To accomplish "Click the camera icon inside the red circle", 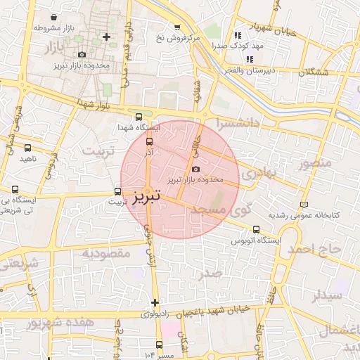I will point(195,169).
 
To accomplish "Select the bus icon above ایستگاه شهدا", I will point(138,117).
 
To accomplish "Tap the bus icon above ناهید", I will point(28,148).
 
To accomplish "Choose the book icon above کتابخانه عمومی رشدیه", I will point(303,204).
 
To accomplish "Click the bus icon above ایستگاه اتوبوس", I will point(255,229).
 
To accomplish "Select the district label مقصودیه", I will point(106,253).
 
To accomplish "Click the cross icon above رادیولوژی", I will point(155,302).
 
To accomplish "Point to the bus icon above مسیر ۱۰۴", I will point(159,345).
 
